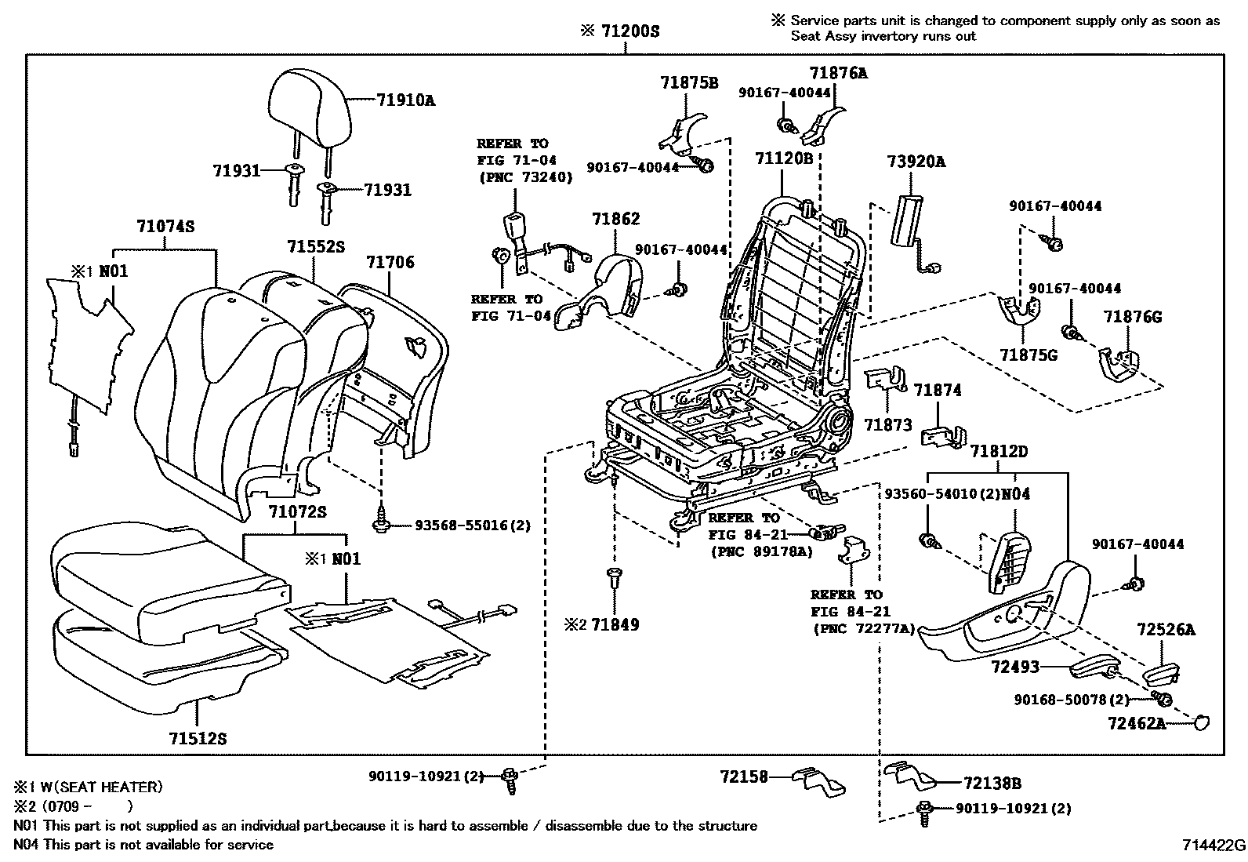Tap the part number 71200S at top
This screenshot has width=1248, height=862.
(x=629, y=31)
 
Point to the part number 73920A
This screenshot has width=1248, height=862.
(x=916, y=162)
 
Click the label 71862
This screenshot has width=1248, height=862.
(x=615, y=220)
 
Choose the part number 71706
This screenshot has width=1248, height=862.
(x=390, y=262)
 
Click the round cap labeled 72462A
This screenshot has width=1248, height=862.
(x=1199, y=722)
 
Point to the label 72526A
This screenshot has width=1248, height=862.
(x=1166, y=629)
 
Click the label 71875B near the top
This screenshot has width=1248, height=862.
(x=688, y=82)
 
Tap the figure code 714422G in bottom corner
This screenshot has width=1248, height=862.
(x=1214, y=846)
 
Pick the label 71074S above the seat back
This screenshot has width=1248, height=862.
(x=165, y=227)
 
